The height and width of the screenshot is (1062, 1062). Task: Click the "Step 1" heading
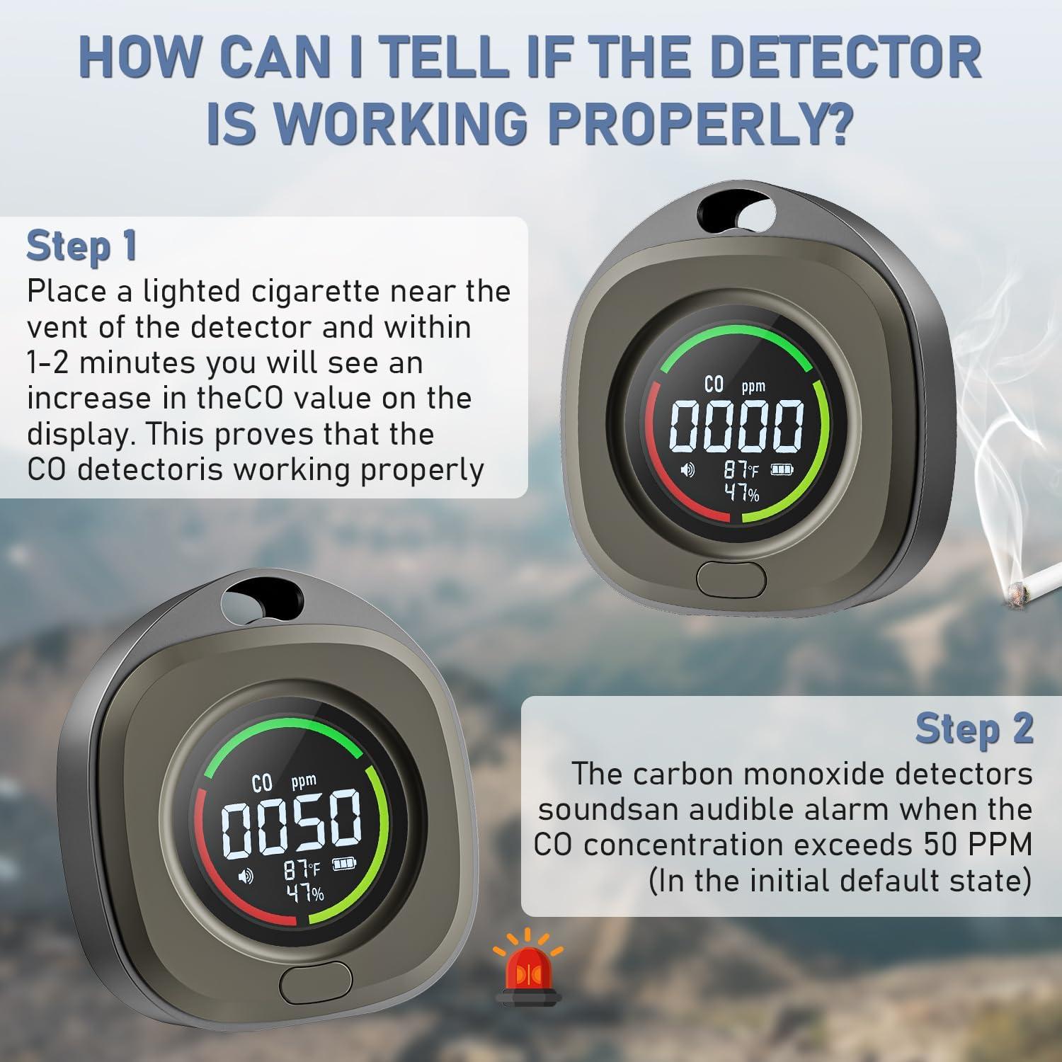(x=81, y=246)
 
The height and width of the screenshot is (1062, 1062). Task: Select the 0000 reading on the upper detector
(x=736, y=427)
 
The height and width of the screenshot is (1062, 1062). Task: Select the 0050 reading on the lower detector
(x=291, y=822)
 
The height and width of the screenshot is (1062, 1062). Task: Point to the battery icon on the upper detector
(x=782, y=469)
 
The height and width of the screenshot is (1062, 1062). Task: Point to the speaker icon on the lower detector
(x=246, y=877)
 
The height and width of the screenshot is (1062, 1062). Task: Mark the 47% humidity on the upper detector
(x=741, y=492)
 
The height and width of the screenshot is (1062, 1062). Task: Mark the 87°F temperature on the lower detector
(x=302, y=869)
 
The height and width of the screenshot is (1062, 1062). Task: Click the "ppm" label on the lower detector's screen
(x=304, y=782)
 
